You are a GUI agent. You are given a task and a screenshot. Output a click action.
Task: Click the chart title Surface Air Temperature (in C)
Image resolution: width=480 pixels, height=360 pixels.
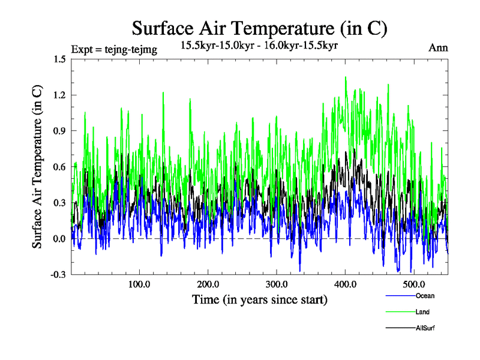[259, 28]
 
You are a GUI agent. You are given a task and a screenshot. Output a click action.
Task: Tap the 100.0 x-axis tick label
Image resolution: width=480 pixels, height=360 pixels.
[139, 284]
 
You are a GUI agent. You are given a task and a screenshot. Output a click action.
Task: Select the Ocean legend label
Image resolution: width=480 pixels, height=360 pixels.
[424, 296]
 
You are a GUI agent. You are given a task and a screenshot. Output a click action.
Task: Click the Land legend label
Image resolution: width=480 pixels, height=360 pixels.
[422, 312]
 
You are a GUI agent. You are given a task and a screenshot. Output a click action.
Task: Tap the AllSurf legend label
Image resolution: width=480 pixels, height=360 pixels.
[425, 328]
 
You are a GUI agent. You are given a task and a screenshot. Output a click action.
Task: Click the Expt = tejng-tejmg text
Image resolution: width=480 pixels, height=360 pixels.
[114, 50]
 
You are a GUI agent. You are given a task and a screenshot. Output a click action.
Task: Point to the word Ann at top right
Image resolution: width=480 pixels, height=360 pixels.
[437, 48]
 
